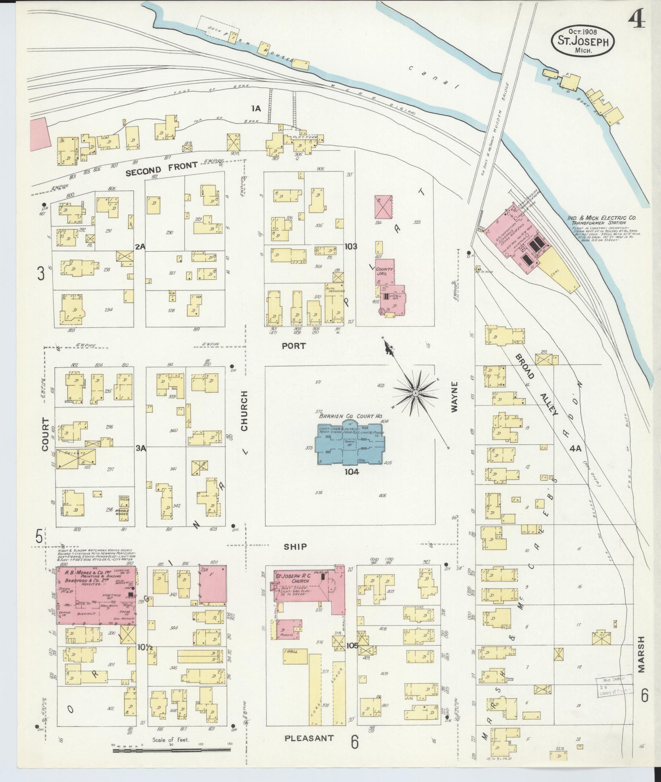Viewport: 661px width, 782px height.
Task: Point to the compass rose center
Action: [x=416, y=394]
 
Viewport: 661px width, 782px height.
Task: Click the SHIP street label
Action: [x=295, y=547]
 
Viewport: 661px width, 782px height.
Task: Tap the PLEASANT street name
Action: [x=309, y=738]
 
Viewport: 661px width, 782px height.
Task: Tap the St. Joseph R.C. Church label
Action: [x=295, y=579]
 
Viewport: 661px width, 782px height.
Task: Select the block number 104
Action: [x=352, y=472]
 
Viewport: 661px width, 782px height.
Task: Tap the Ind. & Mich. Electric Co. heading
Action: [x=602, y=218]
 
